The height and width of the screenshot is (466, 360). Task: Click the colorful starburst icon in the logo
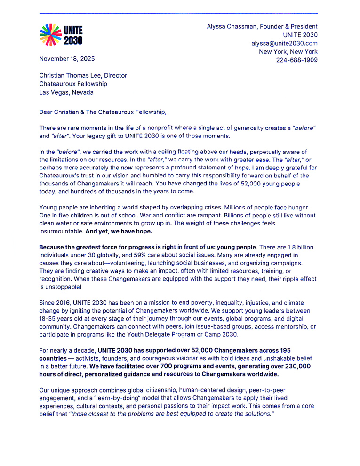point(50,35)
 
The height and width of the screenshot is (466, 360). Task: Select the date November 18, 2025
point(67,59)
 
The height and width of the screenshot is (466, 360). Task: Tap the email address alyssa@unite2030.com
point(284,43)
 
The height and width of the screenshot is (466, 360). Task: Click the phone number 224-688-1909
point(296,60)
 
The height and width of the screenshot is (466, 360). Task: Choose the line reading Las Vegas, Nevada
point(66,92)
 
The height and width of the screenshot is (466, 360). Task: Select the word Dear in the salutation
point(47,112)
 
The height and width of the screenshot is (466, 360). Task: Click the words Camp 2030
point(221,335)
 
